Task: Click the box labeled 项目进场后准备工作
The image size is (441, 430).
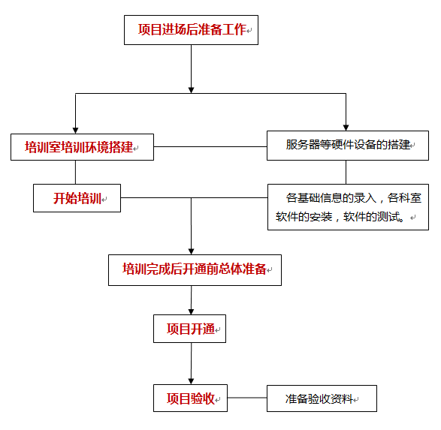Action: (x=192, y=30)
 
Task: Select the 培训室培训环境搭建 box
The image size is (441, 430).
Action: (x=82, y=147)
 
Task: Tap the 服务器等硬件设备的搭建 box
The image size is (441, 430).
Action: (x=348, y=146)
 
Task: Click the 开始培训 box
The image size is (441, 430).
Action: (x=77, y=198)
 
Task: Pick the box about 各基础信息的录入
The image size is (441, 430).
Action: (x=348, y=207)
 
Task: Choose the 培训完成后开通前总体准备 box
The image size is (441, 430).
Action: (x=195, y=270)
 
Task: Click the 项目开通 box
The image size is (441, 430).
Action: (x=189, y=329)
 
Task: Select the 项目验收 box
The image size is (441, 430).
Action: (x=190, y=398)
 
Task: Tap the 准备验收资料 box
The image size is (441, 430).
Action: (x=322, y=398)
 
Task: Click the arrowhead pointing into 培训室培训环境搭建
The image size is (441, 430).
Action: (x=75, y=131)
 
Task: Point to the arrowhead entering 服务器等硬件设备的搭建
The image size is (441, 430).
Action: (x=346, y=128)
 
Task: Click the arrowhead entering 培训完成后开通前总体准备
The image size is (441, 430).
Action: (x=192, y=251)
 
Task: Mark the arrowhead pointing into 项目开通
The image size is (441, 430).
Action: (x=192, y=311)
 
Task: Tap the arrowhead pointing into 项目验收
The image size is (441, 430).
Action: (x=192, y=381)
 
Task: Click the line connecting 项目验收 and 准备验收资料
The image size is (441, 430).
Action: (x=247, y=398)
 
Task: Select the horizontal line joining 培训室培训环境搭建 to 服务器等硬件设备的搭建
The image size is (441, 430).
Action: (x=210, y=146)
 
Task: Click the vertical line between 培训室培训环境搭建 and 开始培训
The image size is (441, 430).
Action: (x=75, y=173)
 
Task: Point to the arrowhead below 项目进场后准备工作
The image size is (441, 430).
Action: (x=192, y=90)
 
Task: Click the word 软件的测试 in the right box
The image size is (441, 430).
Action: (x=372, y=217)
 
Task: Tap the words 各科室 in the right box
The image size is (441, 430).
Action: (x=404, y=198)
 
